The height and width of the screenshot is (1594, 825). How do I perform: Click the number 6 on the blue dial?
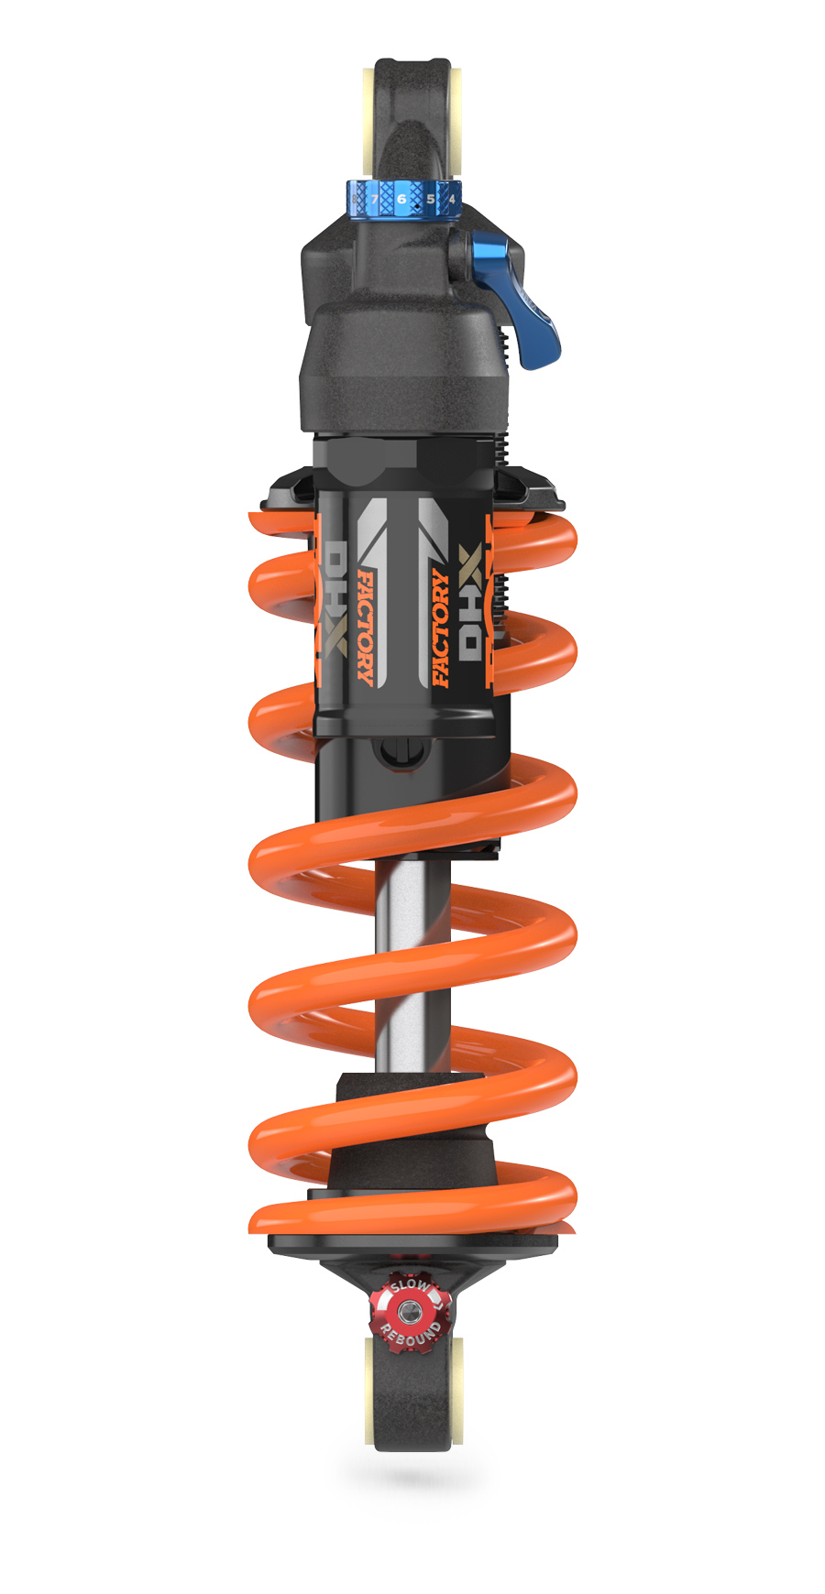(401, 199)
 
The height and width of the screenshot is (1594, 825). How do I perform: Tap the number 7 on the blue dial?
(373, 199)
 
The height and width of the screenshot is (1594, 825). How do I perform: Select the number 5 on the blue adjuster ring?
(430, 199)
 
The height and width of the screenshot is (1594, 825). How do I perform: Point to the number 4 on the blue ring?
(451, 199)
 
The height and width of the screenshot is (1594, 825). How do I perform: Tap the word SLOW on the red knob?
(409, 1286)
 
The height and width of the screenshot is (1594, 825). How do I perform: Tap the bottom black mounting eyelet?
(412, 1402)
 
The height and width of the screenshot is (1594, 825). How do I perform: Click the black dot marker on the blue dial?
(417, 209)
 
